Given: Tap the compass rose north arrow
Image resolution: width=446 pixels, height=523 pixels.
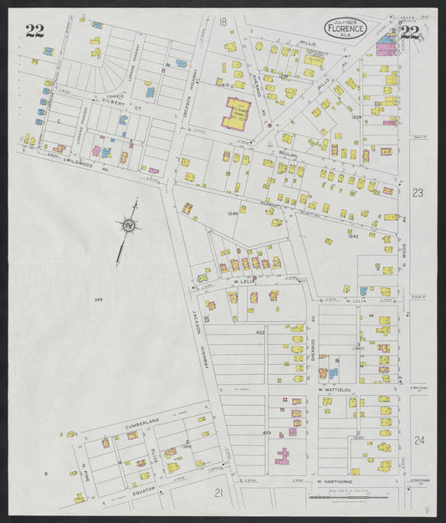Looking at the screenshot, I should point(128,225).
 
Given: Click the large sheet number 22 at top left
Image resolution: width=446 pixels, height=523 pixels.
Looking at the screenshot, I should point(34,32).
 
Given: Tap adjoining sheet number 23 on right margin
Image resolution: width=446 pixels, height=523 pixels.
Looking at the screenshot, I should point(418,193).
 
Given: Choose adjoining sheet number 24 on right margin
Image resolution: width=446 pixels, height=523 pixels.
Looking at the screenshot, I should point(418,440).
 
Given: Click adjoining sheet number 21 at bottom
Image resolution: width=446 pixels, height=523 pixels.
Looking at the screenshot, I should point(218,493).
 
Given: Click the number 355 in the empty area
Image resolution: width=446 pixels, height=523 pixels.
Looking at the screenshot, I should point(98,299).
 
